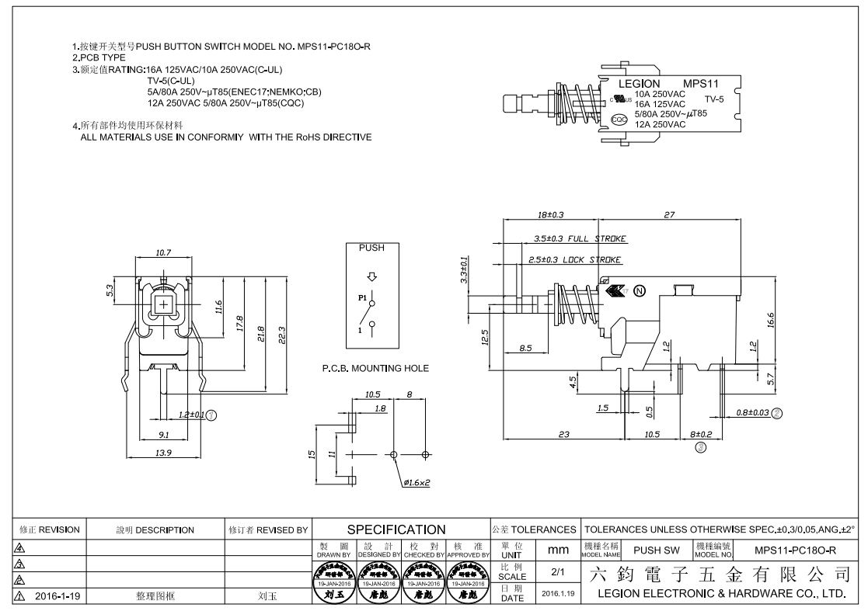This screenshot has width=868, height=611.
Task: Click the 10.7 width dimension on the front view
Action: pos(163,253)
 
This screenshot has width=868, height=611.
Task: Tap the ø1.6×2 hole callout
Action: pos(417,482)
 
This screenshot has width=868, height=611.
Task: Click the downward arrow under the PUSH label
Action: pos(371,276)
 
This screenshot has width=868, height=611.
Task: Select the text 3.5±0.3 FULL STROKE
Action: pos(580,238)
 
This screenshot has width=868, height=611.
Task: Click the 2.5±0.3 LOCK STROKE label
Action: pos(573,259)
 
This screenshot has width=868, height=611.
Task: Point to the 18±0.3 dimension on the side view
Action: pos(550,214)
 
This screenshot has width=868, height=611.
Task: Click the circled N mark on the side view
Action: pos(640,292)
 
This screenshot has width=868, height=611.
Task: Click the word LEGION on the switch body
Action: pos(639,83)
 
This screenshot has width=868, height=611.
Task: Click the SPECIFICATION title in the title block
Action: pos(400,529)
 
